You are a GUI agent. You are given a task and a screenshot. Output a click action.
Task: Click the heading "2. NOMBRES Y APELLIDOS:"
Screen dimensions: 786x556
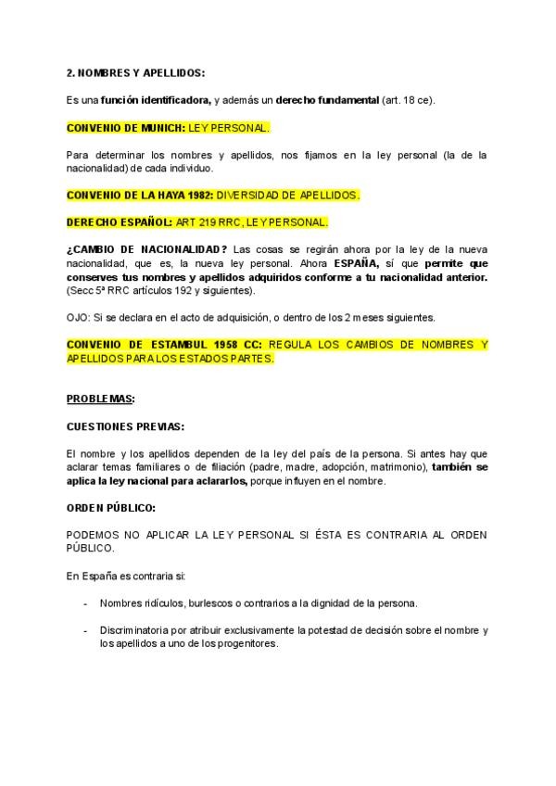click(135, 72)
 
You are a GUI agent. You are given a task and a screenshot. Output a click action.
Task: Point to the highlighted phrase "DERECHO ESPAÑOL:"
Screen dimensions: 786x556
click(112, 222)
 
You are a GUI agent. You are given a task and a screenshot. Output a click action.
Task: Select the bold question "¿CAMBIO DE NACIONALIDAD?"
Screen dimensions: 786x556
click(147, 250)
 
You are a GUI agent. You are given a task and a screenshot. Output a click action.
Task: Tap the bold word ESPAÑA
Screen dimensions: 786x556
click(356, 263)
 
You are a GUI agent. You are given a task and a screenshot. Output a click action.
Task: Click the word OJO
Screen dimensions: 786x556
click(77, 317)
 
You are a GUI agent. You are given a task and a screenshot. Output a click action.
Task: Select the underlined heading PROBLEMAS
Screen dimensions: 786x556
click(100, 399)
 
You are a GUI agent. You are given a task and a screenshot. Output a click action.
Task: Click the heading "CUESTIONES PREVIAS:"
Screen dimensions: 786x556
click(125, 426)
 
